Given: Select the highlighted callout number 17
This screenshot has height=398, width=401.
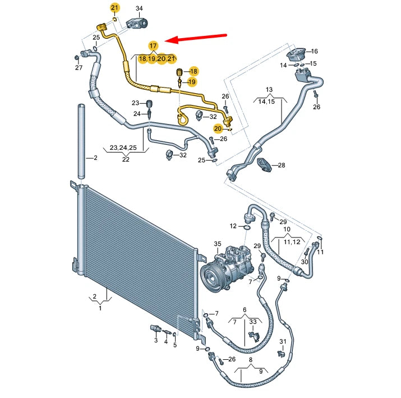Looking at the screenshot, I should (x=153, y=45).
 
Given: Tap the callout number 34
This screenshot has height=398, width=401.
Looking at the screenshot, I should (x=139, y=8).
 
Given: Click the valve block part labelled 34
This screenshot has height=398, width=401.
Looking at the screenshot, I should (x=137, y=22).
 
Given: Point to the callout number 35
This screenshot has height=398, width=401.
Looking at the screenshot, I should (x=218, y=244).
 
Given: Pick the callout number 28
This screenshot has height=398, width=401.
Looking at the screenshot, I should (x=282, y=165).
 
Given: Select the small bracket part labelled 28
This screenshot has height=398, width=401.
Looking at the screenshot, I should (x=264, y=164).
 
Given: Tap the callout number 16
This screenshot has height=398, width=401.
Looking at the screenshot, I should (x=314, y=51).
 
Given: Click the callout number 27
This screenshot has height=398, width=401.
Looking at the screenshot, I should (x=79, y=68).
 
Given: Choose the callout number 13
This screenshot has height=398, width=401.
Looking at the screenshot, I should (x=269, y=90).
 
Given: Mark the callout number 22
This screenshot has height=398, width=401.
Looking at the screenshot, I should (x=126, y=159).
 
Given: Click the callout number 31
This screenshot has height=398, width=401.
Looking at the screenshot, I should (x=283, y=342).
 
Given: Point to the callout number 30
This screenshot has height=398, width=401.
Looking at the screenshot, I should (x=305, y=262).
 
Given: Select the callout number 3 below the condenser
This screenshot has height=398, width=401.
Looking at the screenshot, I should (x=156, y=340).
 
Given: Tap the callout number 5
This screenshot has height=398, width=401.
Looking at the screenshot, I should (x=174, y=345).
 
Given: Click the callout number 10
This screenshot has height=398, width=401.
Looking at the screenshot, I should (x=287, y=230).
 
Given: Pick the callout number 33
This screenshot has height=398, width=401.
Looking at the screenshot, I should (x=253, y=322).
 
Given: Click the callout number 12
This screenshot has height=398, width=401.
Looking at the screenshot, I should (x=233, y=226).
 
